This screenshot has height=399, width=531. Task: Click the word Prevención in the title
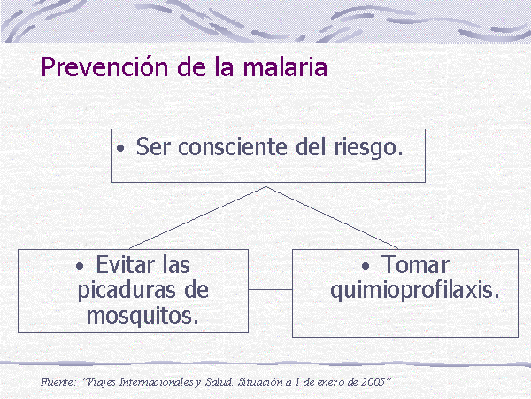pos(104,66)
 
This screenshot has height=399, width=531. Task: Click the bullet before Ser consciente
pos(120,148)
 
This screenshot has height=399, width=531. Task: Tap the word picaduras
pos(127,291)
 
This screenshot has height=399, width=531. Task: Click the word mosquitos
pos(142,317)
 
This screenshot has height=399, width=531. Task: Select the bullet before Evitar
pos(80,266)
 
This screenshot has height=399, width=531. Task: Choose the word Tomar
pos(415,264)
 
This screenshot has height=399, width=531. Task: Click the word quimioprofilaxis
pos(415,291)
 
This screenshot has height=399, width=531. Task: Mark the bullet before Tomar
pos(366,266)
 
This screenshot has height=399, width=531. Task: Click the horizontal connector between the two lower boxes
pos(270,289)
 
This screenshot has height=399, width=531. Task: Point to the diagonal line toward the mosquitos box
pos(197,217)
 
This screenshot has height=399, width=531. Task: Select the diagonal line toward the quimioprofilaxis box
pos(332,217)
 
